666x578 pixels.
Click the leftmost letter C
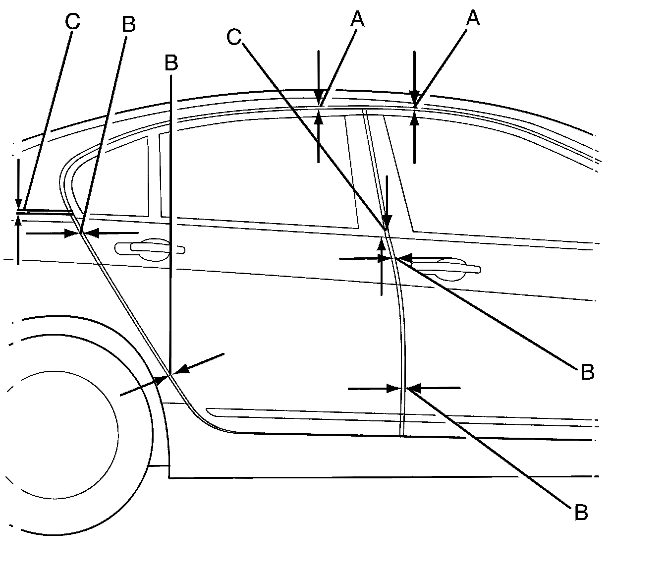pyautogui.click(x=72, y=22)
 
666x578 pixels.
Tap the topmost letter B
pyautogui.click(x=128, y=24)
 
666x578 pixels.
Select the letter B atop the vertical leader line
pyautogui.click(x=171, y=63)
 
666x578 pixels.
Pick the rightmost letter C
pyautogui.click(x=235, y=37)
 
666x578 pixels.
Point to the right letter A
pyautogui.click(x=473, y=18)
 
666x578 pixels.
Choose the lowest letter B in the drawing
pyautogui.click(x=581, y=513)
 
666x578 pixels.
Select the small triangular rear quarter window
pyautogui.click(x=126, y=178)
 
